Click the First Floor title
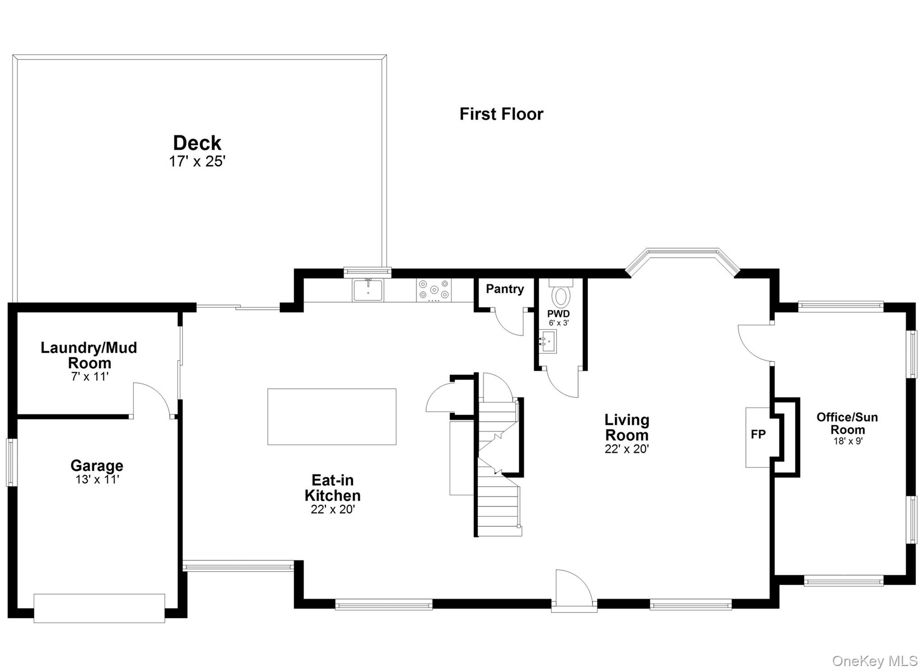[x=501, y=114]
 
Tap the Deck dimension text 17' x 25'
[x=197, y=161]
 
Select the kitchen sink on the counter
[x=368, y=290]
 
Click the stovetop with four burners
[x=434, y=290]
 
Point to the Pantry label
[x=505, y=289]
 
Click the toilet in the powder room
[x=561, y=295]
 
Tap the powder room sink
[x=548, y=341]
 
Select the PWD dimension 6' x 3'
[x=558, y=323]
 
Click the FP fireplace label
[x=758, y=434]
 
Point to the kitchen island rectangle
[x=332, y=416]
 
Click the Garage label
[x=97, y=465]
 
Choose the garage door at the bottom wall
[x=99, y=608]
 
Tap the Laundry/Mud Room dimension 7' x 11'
[x=90, y=377]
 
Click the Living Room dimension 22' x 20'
[x=626, y=449]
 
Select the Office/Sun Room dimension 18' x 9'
[x=847, y=441]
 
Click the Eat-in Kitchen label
[x=333, y=488]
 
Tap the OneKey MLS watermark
[x=874, y=661]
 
